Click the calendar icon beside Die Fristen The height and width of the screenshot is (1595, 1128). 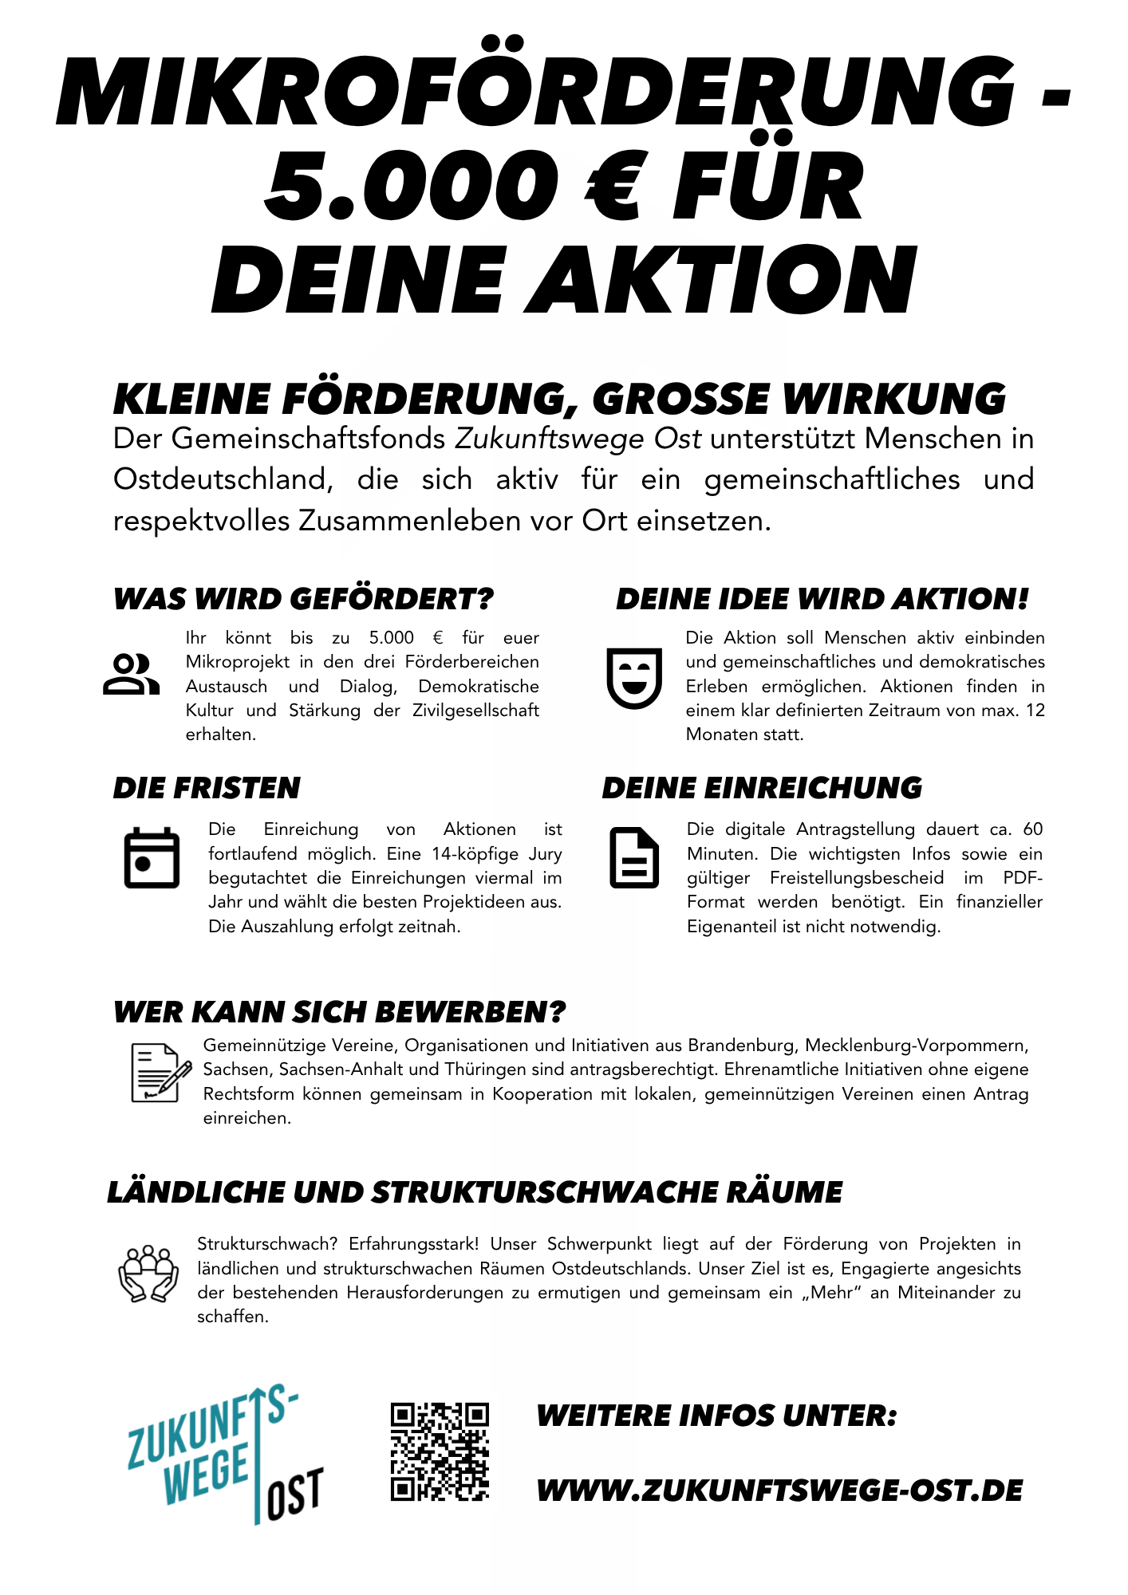[152, 858]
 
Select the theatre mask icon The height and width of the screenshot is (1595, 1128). [634, 678]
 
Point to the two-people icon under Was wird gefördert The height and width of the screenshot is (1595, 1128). [131, 675]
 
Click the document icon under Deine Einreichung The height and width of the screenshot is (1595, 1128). [634, 858]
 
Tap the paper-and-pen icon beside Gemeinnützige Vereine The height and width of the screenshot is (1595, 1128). [160, 1073]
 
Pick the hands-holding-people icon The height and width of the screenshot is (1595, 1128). [148, 1274]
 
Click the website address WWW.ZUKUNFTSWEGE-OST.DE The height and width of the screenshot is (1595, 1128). [779, 1491]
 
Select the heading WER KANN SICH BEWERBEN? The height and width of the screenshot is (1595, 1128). [340, 1012]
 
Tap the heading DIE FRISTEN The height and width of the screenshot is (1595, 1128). [207, 788]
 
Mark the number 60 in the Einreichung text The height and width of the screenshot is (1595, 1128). [1032, 829]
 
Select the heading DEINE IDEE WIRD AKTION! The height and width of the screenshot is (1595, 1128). [822, 599]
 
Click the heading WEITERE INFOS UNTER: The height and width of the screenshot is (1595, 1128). [716, 1416]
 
